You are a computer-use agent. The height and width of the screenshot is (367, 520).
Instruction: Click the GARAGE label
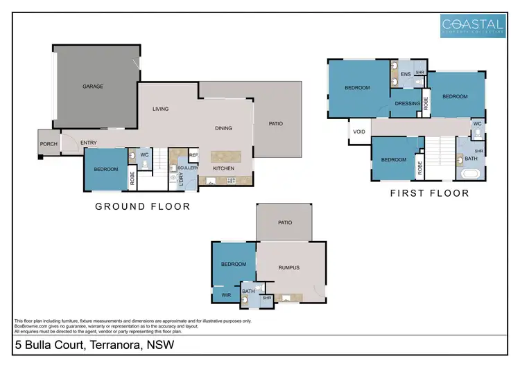[93, 87]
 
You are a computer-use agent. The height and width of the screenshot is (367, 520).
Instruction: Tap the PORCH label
[49, 143]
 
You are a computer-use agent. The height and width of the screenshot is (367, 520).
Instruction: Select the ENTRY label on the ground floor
[89, 143]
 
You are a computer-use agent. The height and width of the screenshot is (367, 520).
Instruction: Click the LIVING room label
[161, 109]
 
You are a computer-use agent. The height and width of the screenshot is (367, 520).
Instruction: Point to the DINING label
[223, 128]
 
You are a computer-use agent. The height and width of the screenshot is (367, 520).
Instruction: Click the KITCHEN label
[223, 169]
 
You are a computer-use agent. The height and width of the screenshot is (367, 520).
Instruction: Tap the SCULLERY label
[188, 168]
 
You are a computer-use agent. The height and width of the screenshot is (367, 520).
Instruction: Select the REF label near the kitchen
[193, 155]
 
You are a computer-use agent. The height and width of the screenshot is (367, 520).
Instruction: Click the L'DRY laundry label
[182, 179]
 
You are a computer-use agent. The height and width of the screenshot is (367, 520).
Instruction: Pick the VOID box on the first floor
[359, 132]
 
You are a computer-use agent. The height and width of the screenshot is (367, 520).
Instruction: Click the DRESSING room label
[407, 104]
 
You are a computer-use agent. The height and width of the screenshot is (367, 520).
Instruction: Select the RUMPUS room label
[289, 267]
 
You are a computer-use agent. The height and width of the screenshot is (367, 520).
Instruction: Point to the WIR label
[226, 295]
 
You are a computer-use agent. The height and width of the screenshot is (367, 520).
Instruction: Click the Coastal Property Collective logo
[474, 25]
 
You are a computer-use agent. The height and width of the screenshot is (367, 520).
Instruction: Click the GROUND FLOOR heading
[142, 206]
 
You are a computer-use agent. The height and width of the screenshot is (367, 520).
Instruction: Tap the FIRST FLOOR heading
[429, 193]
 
